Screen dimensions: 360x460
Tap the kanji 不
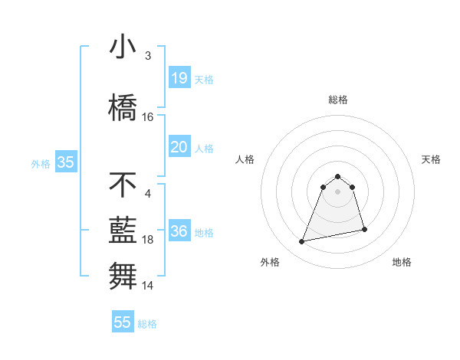tap(123, 185)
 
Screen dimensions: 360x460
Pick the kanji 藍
tap(123, 230)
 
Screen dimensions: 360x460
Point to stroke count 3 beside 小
tap(147, 56)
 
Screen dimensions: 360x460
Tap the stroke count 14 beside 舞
tap(148, 286)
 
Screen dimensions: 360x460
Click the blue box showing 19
tap(179, 77)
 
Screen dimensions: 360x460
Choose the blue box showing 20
tap(179, 147)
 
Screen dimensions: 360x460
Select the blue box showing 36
tap(179, 231)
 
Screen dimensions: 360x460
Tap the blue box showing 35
tap(65, 162)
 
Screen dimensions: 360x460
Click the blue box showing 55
tap(123, 322)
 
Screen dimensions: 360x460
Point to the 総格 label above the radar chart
tap(338, 100)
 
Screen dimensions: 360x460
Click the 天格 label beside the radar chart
tap(432, 159)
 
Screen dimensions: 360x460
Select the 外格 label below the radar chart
tap(270, 262)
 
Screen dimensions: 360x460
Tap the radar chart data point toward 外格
tap(302, 242)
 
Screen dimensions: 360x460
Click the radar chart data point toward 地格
tap(364, 229)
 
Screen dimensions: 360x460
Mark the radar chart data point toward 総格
tap(338, 175)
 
